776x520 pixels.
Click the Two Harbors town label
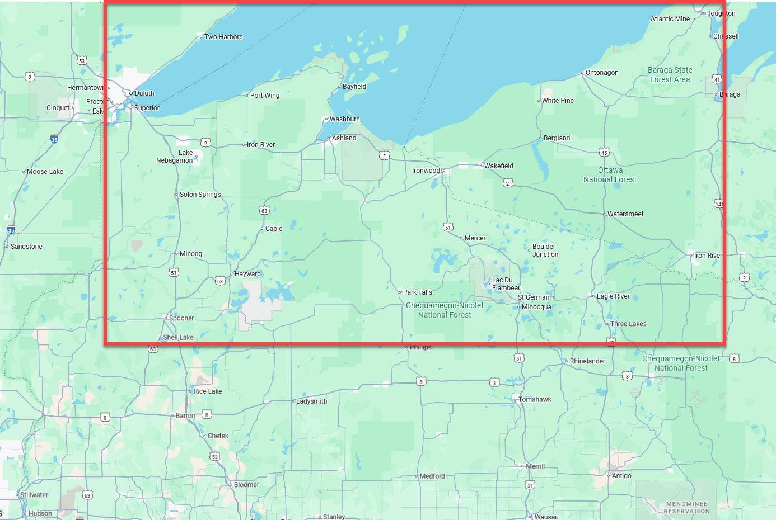click(223, 37)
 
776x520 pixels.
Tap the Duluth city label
click(144, 93)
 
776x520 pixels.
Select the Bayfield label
click(354, 87)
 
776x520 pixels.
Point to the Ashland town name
click(344, 138)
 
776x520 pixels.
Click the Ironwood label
click(426, 171)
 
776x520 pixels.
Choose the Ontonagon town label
click(601, 73)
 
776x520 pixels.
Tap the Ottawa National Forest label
click(610, 175)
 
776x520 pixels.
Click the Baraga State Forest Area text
click(670, 75)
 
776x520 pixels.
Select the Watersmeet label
click(625, 214)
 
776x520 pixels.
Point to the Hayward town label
click(247, 274)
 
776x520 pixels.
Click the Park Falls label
click(417, 292)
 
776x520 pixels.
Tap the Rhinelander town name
click(587, 361)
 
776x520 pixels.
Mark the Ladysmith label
click(311, 401)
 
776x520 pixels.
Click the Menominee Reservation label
click(686, 508)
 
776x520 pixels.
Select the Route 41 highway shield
click(717, 79)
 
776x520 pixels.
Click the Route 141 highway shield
click(719, 204)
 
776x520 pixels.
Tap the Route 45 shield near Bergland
click(604, 153)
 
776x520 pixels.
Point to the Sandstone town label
click(26, 247)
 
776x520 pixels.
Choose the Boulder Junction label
click(545, 250)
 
